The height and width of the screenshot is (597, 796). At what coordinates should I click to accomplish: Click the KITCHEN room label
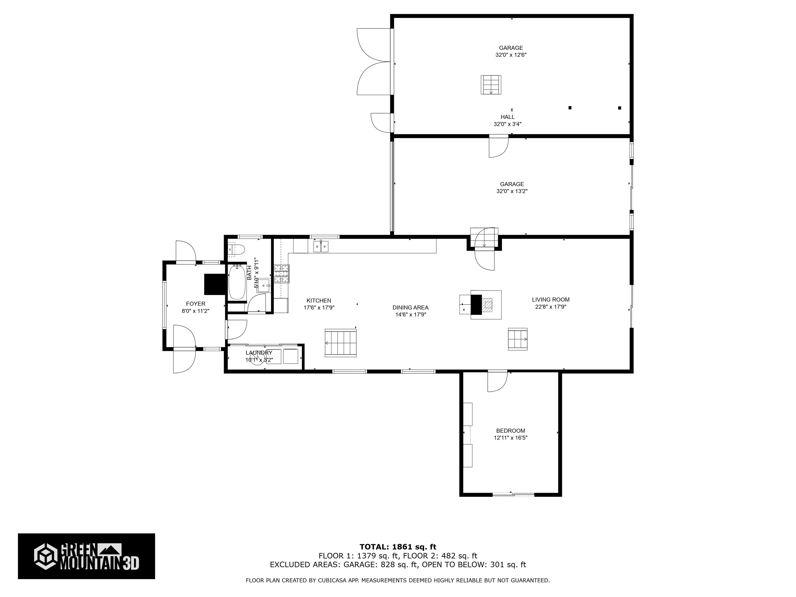[318, 301]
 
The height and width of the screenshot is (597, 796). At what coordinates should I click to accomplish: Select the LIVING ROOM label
[551, 299]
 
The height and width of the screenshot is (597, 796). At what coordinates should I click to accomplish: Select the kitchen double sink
[321, 246]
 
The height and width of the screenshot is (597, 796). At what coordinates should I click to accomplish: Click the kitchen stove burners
[282, 273]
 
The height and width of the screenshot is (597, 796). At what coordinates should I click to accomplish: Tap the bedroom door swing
[497, 381]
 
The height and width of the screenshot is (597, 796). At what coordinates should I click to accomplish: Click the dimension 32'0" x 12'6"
[511, 55]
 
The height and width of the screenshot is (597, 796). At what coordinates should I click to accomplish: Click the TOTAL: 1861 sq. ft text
[398, 547]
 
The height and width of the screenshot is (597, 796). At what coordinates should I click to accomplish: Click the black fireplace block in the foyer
[214, 284]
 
